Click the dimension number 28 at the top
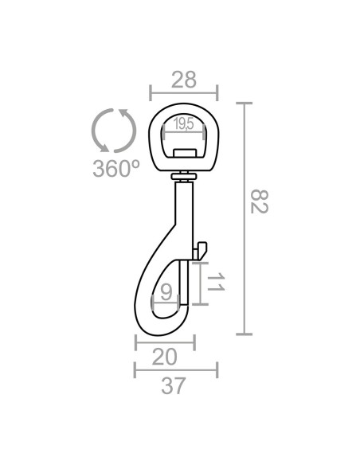point(183,80)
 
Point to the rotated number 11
point(216,283)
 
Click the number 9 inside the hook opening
point(166,291)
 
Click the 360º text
point(115,169)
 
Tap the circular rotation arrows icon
point(115,130)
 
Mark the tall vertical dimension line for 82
point(245,218)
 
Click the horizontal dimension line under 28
point(183,93)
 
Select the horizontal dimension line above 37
point(175,369)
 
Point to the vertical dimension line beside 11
point(200,283)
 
